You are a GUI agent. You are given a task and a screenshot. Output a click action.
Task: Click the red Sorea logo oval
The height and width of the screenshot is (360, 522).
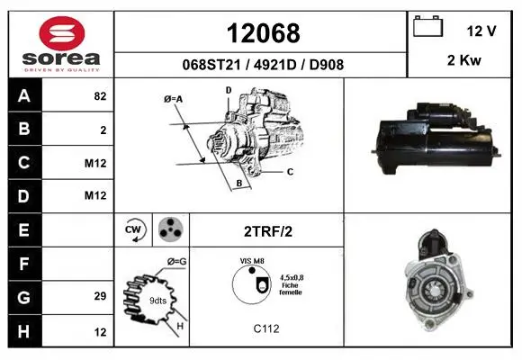[x=62, y=33]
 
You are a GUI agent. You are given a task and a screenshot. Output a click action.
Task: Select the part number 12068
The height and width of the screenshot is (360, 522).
[x=263, y=33]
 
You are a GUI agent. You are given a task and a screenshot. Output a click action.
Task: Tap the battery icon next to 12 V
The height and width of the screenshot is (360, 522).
[x=427, y=26]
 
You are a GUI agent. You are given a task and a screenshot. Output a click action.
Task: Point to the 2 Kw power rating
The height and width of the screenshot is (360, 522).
[x=464, y=60]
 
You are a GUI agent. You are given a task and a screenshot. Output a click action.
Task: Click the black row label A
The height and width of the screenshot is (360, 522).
[x=24, y=95]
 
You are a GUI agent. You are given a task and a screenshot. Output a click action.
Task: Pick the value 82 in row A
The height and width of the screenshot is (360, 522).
[x=100, y=96]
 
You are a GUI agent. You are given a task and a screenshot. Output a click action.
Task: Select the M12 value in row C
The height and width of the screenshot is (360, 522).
[x=95, y=163]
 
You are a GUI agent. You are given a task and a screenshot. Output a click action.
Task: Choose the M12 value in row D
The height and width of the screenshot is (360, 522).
[x=95, y=195]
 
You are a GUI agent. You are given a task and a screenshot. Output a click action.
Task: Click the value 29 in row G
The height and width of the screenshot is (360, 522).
[x=100, y=296]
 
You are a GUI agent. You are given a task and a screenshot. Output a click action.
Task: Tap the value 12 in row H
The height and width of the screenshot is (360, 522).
[x=100, y=332]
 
